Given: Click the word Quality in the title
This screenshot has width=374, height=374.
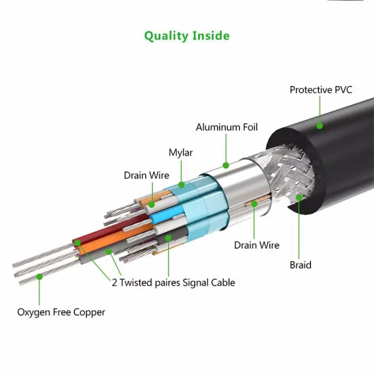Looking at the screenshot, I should pyautogui.click(x=166, y=36).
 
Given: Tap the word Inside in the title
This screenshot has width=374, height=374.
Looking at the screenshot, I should pyautogui.click(x=210, y=36).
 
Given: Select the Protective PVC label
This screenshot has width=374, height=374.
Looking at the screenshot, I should pyautogui.click(x=321, y=90).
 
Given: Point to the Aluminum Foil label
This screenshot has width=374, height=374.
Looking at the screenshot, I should pyautogui.click(x=227, y=127).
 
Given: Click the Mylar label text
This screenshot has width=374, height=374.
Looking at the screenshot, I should pyautogui.click(x=181, y=153).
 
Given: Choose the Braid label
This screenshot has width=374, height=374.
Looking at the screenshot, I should pyautogui.click(x=300, y=265).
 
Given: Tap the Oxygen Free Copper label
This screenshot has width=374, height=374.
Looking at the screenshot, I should pyautogui.click(x=61, y=312).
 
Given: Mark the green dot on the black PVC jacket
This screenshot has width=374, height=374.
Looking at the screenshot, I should pyautogui.click(x=320, y=126).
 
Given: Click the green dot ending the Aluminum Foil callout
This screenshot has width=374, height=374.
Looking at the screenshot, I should pyautogui.click(x=226, y=166).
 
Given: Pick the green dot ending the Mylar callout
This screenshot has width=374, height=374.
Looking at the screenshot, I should pyautogui.click(x=181, y=185).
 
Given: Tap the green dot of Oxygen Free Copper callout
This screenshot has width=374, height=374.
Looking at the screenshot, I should pyautogui.click(x=39, y=276).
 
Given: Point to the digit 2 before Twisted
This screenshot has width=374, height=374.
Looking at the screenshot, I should pyautogui.click(x=114, y=283).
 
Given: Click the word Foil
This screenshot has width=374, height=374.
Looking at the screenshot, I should pyautogui.click(x=248, y=127).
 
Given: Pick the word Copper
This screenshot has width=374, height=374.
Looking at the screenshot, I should pyautogui.click(x=91, y=312).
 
